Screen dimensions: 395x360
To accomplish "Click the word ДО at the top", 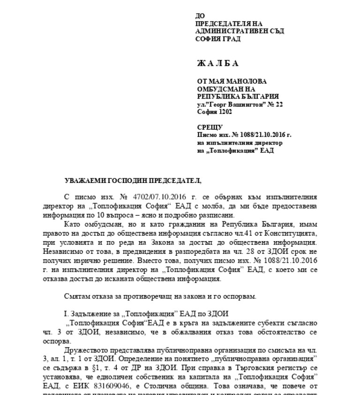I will [200, 16].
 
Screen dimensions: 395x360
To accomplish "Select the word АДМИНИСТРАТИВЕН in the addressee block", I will [226, 31].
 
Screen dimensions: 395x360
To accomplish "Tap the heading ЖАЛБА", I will [218, 63].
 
